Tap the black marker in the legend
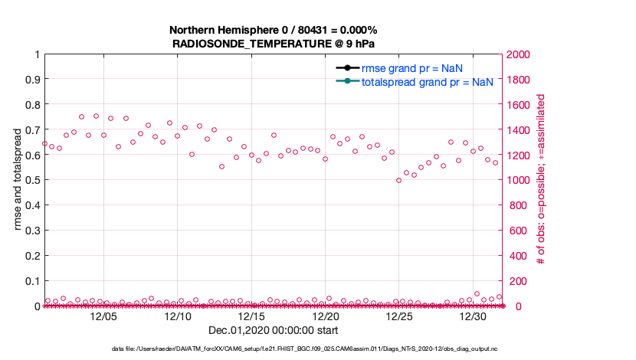[x=347, y=67]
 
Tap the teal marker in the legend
[x=347, y=81]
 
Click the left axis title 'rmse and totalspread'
[x=18, y=180]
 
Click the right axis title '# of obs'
[x=543, y=180]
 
